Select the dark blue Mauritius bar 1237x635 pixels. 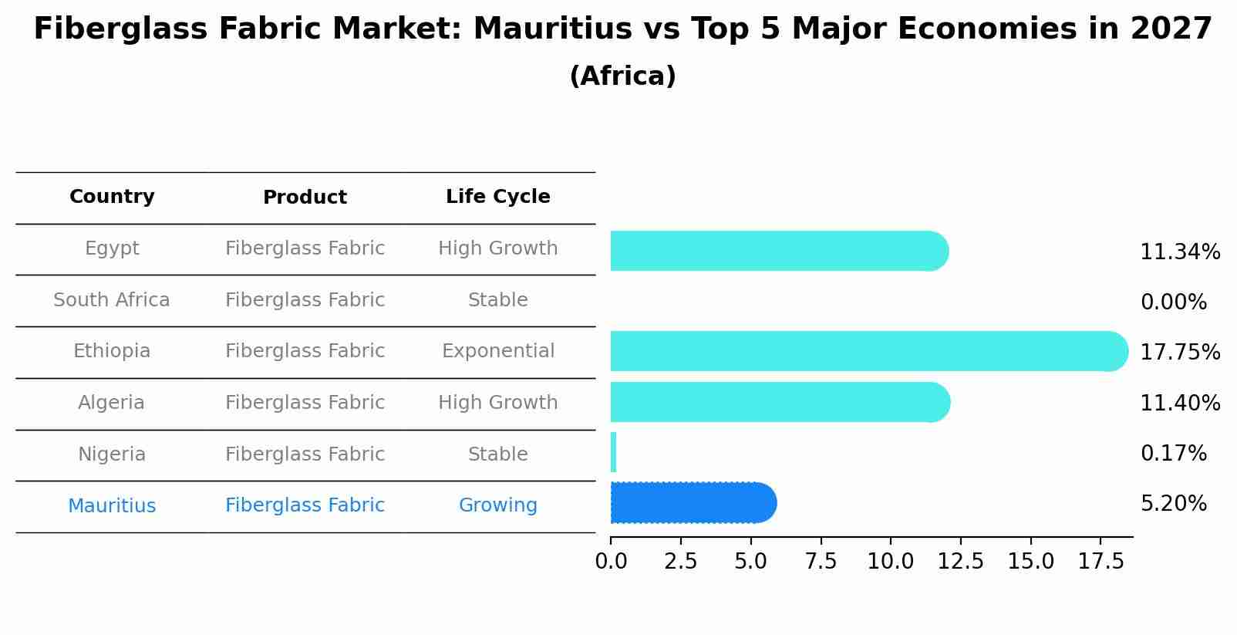[x=693, y=503]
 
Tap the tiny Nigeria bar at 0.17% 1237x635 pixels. [x=614, y=452]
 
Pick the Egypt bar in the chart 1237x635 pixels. [x=779, y=251]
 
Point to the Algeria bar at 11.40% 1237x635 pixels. [x=779, y=402]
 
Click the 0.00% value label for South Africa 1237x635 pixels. [x=1173, y=302]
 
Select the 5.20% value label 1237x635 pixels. [x=1173, y=504]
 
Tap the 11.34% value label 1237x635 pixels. [x=1179, y=252]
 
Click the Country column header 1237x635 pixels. [x=112, y=197]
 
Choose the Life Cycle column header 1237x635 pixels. [x=497, y=197]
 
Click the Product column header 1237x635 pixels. [x=305, y=198]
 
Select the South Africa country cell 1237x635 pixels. [x=112, y=300]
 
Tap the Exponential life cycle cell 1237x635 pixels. [x=497, y=351]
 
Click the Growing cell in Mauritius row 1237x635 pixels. [x=497, y=505]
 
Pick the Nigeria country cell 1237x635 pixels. [x=112, y=454]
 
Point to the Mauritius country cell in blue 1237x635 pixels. [x=112, y=506]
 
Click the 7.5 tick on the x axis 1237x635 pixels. [x=821, y=561]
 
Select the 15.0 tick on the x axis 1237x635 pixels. [x=1030, y=561]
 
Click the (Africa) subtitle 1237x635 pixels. [x=622, y=76]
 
